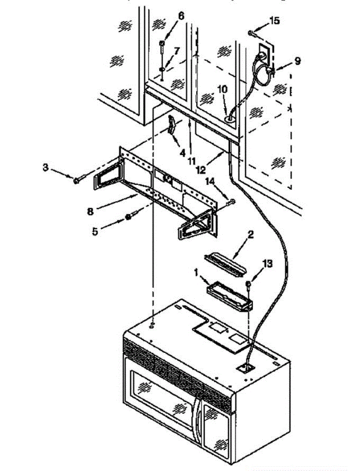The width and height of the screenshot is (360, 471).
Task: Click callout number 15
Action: pyautogui.click(x=274, y=21)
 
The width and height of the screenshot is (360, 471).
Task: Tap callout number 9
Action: pyautogui.click(x=298, y=61)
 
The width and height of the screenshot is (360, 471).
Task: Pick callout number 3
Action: pyautogui.click(x=46, y=167)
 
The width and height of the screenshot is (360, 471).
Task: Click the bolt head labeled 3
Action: pyautogui.click(x=76, y=181)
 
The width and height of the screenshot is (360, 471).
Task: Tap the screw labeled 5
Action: pyautogui.click(x=129, y=217)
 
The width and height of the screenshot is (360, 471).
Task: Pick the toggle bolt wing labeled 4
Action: pyautogui.click(x=171, y=128)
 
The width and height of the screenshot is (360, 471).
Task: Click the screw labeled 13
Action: pyautogui.click(x=248, y=284)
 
